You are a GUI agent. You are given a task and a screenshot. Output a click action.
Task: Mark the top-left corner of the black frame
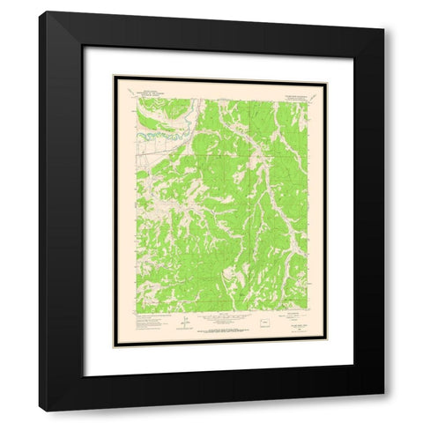[39, 11]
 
